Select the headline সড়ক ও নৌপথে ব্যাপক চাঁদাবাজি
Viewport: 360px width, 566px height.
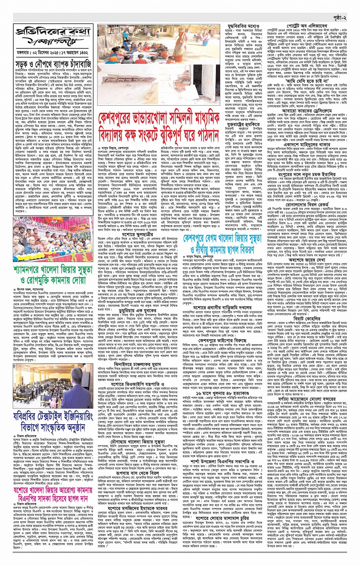coord(53,64)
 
